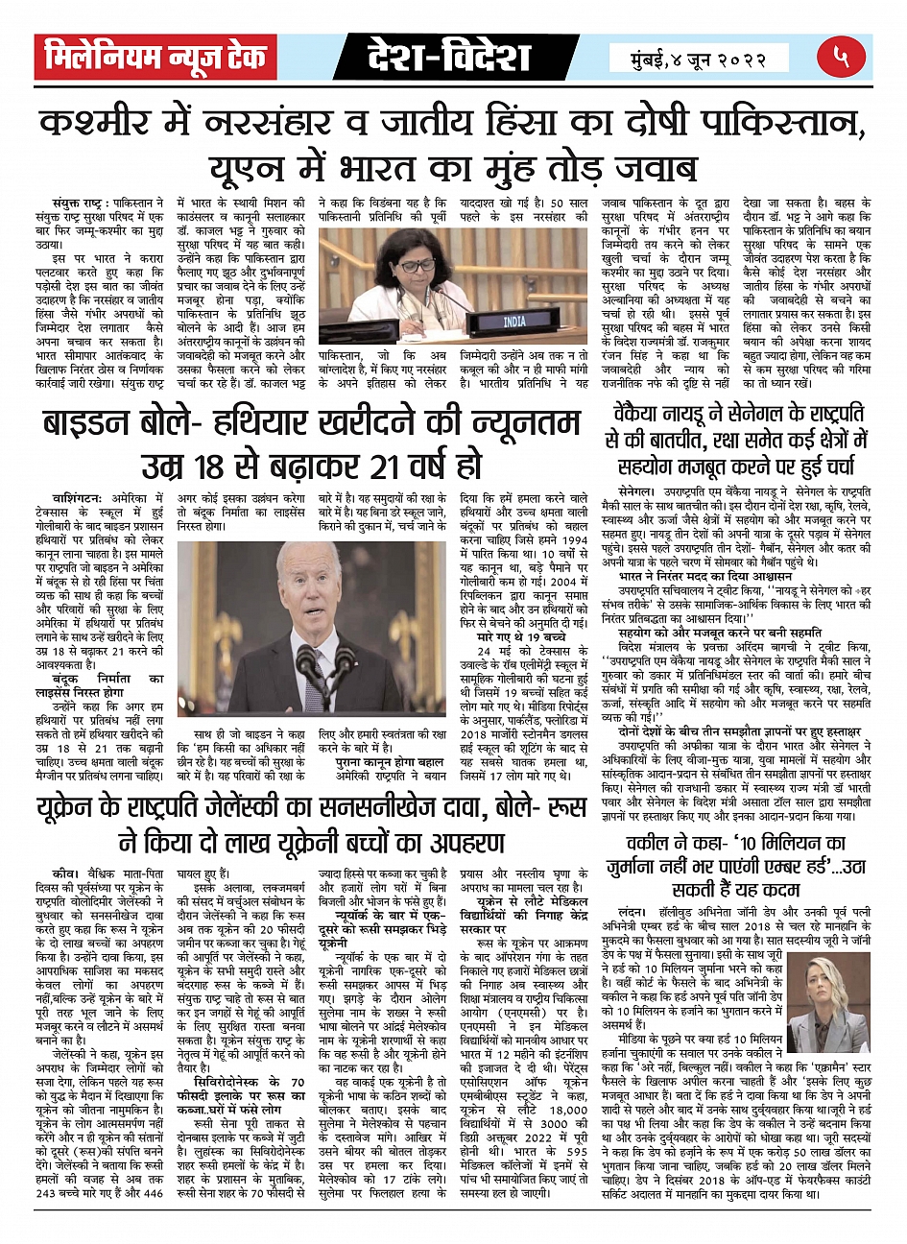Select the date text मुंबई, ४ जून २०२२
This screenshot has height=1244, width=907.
point(701,59)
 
